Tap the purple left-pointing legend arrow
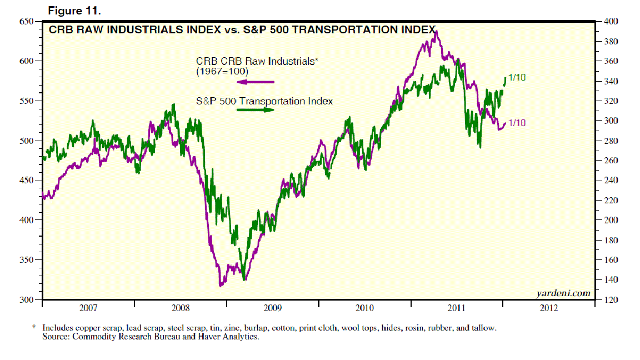coord(256,82)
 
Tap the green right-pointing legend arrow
coord(256,110)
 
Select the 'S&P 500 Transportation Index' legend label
coord(264,101)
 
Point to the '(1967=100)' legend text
coord(222,72)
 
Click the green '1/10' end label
coord(517,78)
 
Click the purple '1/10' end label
coord(517,123)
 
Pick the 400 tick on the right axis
coord(610,22)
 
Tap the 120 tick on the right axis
coord(610,300)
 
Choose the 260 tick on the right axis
coord(610,161)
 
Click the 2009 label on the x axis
coord(272,308)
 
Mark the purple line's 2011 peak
coord(437,32)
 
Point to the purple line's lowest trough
coord(221,286)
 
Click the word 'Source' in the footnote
coord(54,337)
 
